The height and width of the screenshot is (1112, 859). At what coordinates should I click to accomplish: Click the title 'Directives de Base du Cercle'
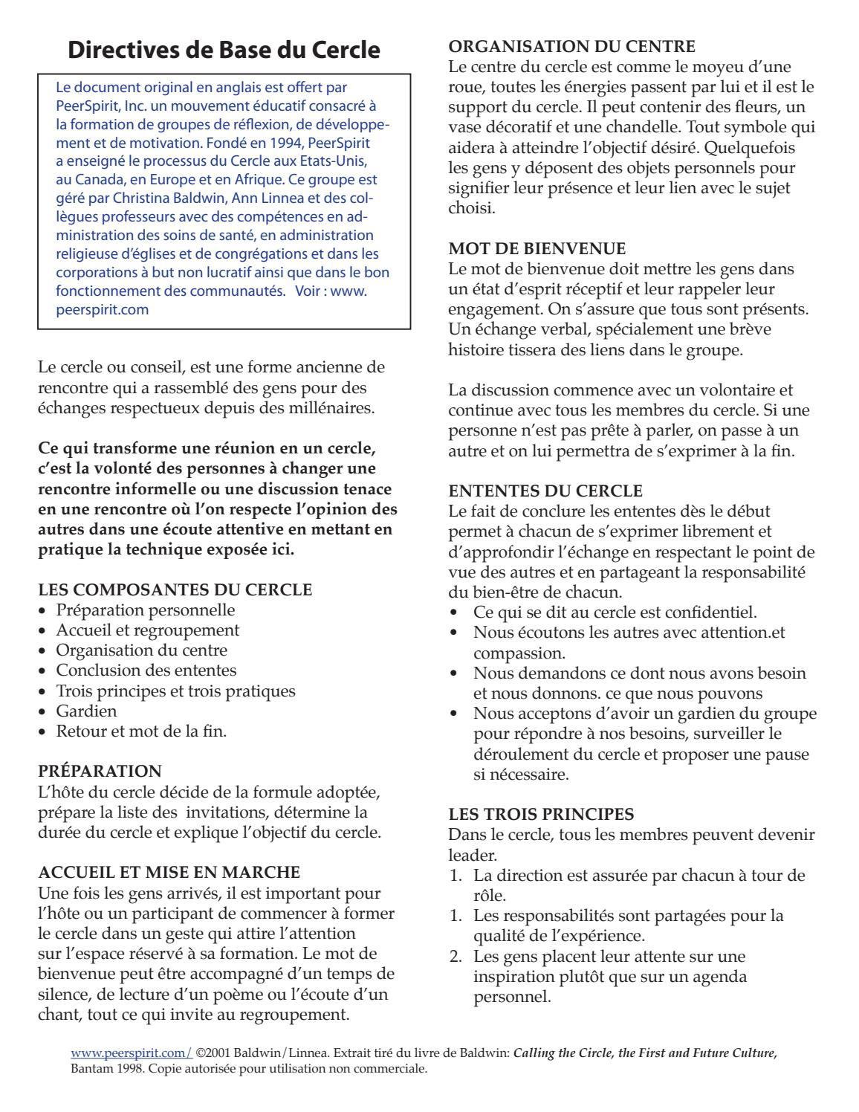point(224,50)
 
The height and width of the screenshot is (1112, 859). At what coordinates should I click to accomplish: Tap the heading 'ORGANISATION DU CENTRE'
point(572,47)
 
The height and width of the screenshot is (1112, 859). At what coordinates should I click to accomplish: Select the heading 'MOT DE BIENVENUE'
point(537,248)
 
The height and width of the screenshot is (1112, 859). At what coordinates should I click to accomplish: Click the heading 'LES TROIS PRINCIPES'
point(542,814)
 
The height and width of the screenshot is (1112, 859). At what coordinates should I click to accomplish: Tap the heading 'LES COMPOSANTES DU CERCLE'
point(175,590)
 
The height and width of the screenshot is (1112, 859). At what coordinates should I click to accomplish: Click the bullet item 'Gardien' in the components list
point(86,711)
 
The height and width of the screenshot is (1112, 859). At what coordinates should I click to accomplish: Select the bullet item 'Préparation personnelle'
point(146,610)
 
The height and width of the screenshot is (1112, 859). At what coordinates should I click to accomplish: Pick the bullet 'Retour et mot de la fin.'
point(141,731)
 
